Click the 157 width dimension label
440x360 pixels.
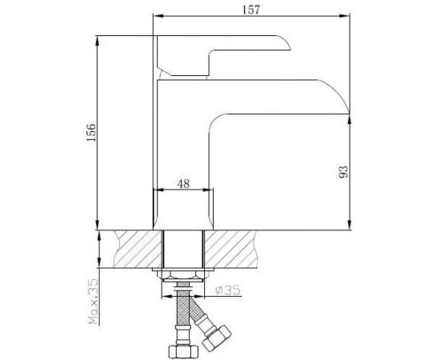pyautogui.click(x=251, y=10)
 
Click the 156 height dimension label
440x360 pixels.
pyautogui.click(x=91, y=132)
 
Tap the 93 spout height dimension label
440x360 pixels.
pyautogui.click(x=343, y=172)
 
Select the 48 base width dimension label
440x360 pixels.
pyautogui.click(x=183, y=184)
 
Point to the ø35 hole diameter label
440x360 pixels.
pyautogui.click(x=227, y=290)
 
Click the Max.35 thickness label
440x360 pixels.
pyautogui.click(x=93, y=302)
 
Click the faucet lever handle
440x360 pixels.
pyautogui.click(x=223, y=55)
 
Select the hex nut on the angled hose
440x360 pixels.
pyautogui.click(x=217, y=338)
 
